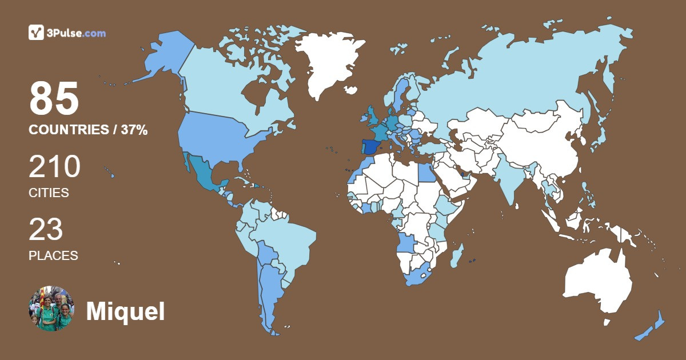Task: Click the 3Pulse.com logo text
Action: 77,33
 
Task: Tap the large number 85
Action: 54,99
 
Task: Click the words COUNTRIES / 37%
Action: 88,130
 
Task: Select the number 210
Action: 54,167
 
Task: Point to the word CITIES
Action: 49,193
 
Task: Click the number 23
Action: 46,230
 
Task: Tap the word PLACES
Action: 53,255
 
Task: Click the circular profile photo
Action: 51,309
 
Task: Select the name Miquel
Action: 125,311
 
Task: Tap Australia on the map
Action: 597,280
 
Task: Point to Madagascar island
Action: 457,256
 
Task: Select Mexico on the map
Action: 201,171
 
